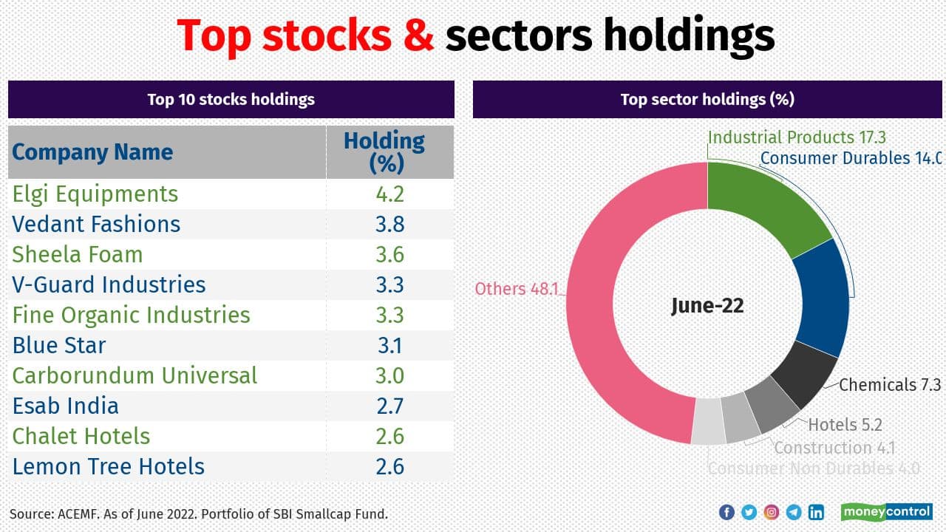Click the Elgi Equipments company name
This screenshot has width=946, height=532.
pyautogui.click(x=95, y=194)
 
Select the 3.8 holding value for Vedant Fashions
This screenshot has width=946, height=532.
pyautogui.click(x=389, y=225)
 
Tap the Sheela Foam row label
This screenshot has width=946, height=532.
pyautogui.click(x=78, y=255)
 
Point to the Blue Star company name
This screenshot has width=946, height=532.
pyautogui.click(x=59, y=346)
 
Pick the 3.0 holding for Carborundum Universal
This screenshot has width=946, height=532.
pyautogui.click(x=389, y=376)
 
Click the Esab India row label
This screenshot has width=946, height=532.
pyautogui.click(x=66, y=406)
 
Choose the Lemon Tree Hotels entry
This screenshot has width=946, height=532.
pyautogui.click(x=109, y=467)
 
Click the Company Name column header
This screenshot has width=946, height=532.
pyautogui.click(x=92, y=152)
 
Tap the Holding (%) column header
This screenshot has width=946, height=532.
pyautogui.click(x=384, y=151)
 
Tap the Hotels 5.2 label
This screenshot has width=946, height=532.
pyautogui.click(x=845, y=425)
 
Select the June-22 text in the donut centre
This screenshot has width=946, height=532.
pyautogui.click(x=707, y=305)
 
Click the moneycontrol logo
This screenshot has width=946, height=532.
pyautogui.click(x=886, y=512)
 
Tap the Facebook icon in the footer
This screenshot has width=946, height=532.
pyautogui.click(x=726, y=512)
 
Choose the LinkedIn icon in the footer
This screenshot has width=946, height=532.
pyautogui.click(x=816, y=512)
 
